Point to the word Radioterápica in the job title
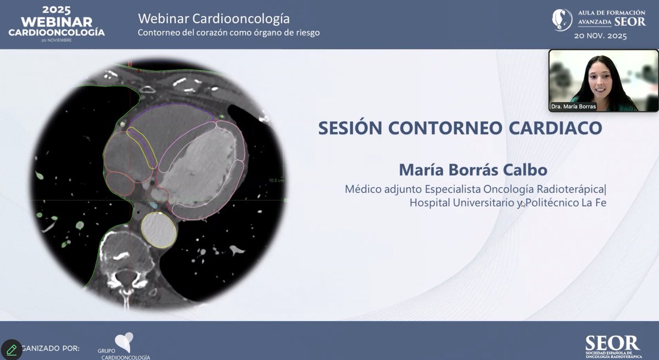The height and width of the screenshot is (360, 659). click(571, 189)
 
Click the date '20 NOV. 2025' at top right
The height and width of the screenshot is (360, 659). click(600, 36)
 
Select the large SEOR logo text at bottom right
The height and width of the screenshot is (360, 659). click(612, 343)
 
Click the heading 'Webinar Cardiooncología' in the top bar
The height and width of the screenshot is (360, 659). click(214, 19)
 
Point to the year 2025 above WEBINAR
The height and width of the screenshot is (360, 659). click(57, 9)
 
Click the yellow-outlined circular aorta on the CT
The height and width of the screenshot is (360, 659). click(159, 228)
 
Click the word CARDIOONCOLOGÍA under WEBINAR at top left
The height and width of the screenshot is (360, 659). click(57, 32)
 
